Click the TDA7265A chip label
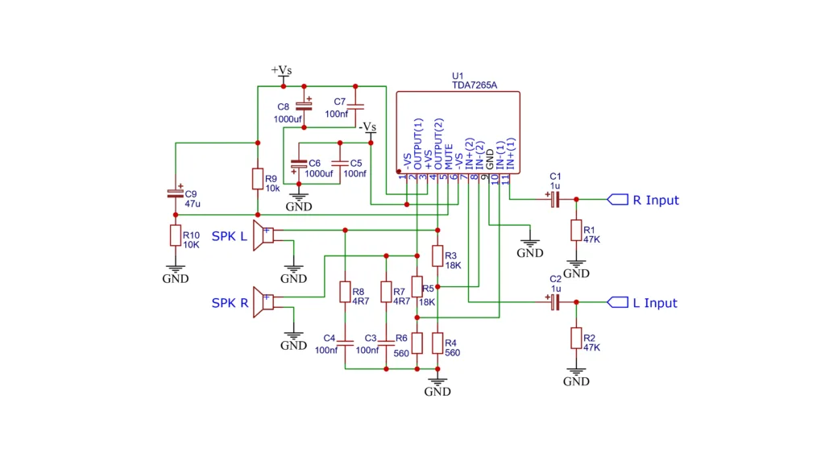click(475, 85)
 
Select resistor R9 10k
click(257, 179)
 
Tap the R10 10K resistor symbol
click(175, 235)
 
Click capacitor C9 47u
click(175, 193)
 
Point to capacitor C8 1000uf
click(304, 106)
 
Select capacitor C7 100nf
click(358, 106)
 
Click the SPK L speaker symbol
click(263, 235)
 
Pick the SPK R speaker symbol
click(263, 302)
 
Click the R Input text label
click(656, 200)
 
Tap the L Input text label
click(655, 303)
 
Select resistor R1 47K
click(576, 231)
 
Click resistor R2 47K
click(576, 338)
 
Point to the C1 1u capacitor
click(554, 199)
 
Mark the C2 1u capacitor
click(554, 302)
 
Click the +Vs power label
click(281, 70)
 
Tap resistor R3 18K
click(437, 256)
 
